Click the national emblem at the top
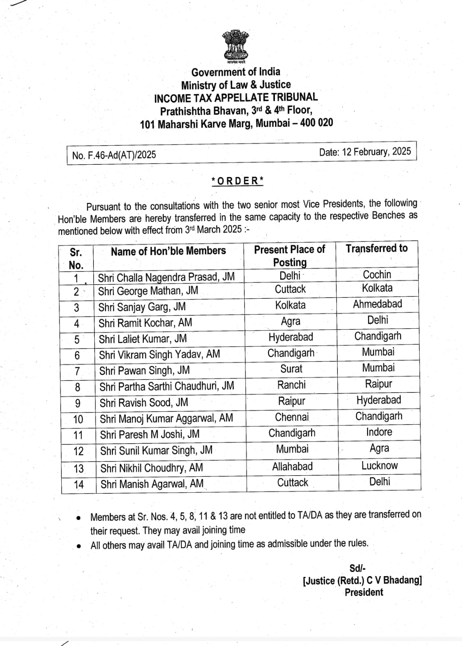point(236,46)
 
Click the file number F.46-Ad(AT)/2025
point(114,155)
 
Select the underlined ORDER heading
point(237,181)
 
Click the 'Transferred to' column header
point(377,248)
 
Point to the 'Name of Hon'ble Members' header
point(168,251)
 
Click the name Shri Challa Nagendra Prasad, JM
point(166,277)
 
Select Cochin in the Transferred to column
point(377,275)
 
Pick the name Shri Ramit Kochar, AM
point(145,323)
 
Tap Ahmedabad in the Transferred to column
point(377,304)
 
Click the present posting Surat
point(291,369)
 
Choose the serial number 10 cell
point(78,419)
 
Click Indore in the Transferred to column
point(379,432)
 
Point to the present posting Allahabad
point(292,466)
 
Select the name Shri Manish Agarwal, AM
point(152,484)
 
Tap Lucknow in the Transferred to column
point(379,466)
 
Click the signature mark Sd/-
point(357,568)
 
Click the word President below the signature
point(364,592)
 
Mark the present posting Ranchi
point(291,385)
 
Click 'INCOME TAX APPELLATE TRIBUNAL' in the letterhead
point(236,97)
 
